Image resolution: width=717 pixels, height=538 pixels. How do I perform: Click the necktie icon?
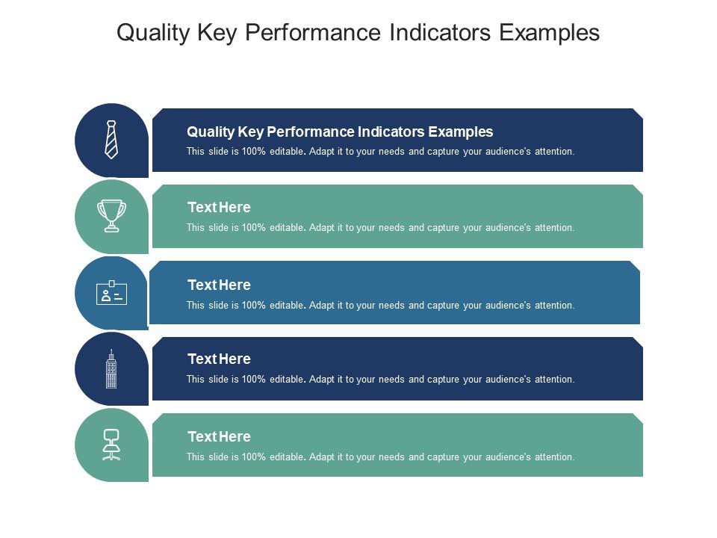[111, 140]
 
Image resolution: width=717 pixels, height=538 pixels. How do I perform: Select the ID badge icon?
[111, 294]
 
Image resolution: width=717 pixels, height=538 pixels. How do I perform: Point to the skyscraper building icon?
[111, 369]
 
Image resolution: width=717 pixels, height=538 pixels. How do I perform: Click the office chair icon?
[111, 445]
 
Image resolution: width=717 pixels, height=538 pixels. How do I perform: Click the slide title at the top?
[358, 33]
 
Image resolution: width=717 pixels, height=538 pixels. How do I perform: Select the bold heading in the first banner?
[340, 132]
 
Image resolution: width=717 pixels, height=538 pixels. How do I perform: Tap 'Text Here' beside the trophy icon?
[219, 208]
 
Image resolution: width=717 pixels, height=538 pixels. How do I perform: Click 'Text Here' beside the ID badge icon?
[219, 285]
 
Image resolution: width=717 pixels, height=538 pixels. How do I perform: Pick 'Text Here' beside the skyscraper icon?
[219, 359]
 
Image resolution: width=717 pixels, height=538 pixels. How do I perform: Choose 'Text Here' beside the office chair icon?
[219, 437]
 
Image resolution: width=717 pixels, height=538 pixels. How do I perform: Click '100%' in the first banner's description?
[254, 152]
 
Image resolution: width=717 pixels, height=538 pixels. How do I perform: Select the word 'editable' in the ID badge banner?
[288, 306]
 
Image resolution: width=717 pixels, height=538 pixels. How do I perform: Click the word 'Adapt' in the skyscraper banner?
[322, 380]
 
